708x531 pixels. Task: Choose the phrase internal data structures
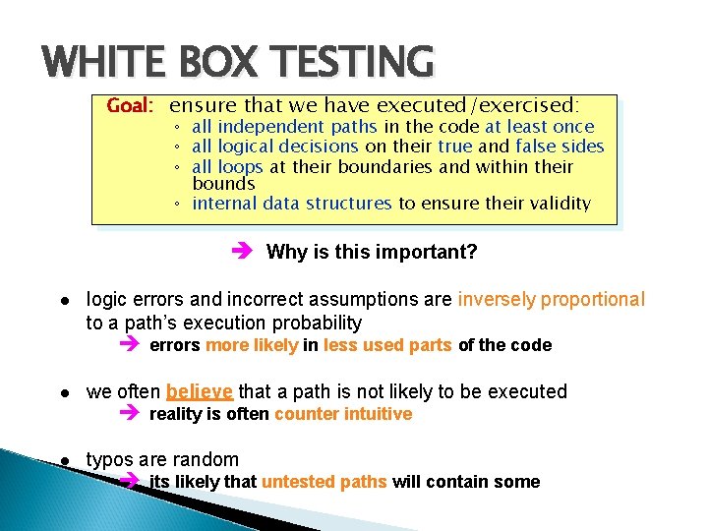click(292, 204)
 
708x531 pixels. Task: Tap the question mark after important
click(472, 252)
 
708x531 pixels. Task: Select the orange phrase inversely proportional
click(551, 299)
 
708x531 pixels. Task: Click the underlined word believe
click(200, 391)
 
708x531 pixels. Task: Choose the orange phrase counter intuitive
click(343, 414)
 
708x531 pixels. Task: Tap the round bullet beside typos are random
click(63, 460)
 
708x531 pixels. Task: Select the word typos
click(108, 459)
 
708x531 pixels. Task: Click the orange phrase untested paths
click(324, 482)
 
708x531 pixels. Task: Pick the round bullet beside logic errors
click(63, 300)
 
